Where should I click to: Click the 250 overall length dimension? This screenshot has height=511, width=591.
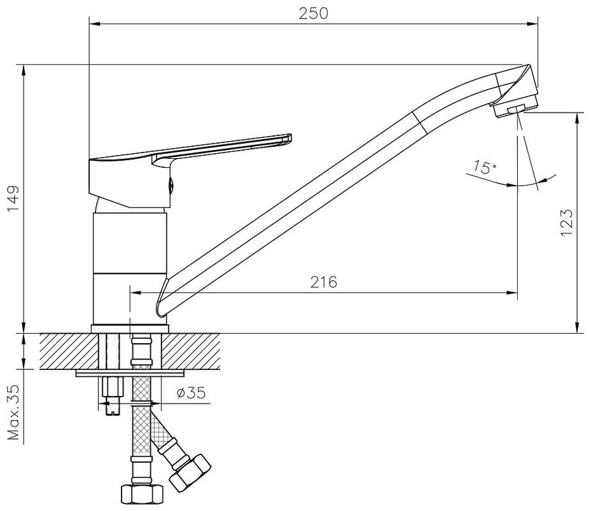coord(313,13)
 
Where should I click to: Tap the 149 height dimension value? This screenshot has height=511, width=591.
coord(13,199)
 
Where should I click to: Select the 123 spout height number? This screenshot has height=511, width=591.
coord(566,222)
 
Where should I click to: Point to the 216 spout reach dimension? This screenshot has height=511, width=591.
coord(323,282)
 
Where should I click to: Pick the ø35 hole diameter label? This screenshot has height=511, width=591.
coord(191,393)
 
